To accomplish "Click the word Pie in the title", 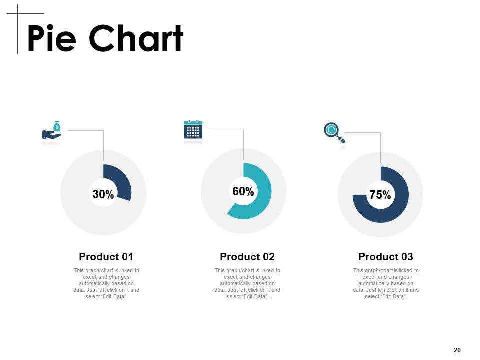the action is point(51,38).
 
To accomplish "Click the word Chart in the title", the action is point(136,38).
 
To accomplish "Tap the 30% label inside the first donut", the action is point(103,194).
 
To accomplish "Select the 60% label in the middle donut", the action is point(243,191).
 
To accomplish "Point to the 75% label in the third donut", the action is point(380,195).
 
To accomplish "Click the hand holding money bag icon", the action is point(51,130).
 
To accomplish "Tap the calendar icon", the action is point(193,130).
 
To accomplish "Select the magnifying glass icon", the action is point(334,133).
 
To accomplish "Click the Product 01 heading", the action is point(106,257).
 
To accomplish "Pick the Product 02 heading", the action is point(247,257).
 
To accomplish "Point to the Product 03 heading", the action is point(385,257).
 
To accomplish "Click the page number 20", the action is point(457,350).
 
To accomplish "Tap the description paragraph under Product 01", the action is point(106,283).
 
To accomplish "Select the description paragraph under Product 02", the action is point(247,283).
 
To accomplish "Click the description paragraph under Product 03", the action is point(386,283).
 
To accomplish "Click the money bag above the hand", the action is point(57,126).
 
